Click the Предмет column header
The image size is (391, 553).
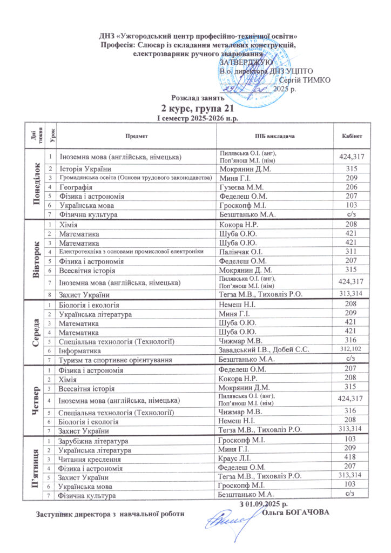[136, 135]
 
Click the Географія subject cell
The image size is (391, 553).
[76, 186]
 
